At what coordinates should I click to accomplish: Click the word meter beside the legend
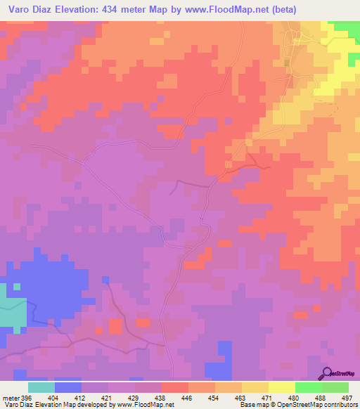11,398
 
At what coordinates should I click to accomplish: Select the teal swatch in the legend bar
41,388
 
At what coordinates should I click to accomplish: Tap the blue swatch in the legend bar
68,388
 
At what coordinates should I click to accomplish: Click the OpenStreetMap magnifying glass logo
327,372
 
